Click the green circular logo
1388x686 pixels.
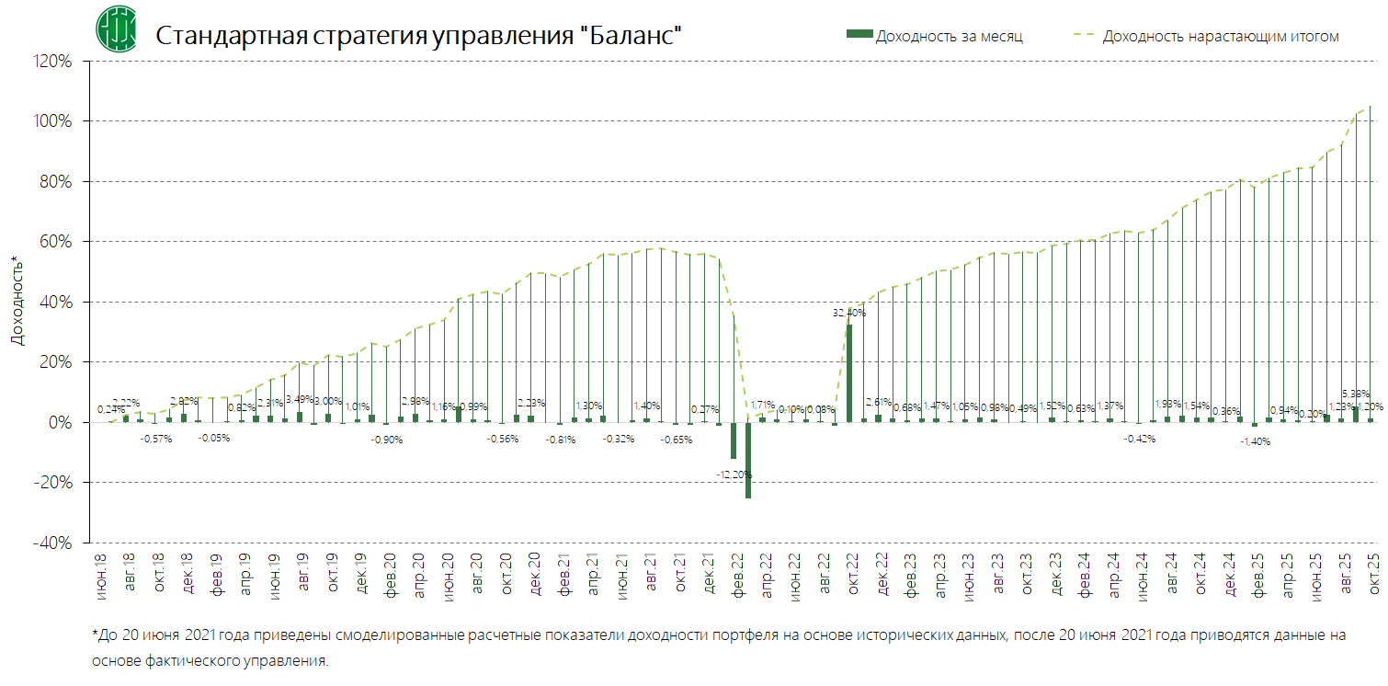(117, 30)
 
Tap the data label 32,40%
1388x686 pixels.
(848, 313)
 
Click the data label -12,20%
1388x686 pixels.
(734, 474)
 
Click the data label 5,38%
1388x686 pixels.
(1356, 394)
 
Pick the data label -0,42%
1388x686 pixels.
(1139, 439)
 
